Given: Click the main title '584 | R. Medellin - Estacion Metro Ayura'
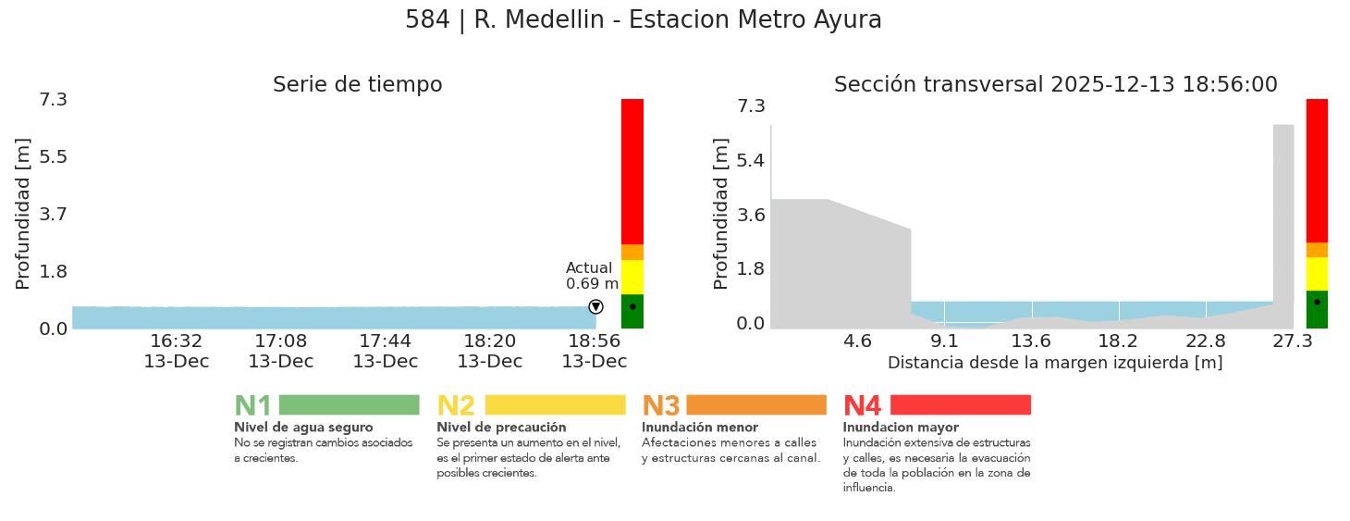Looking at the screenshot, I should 643,20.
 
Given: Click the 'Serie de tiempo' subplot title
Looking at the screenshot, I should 357,85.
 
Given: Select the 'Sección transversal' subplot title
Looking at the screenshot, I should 1055,85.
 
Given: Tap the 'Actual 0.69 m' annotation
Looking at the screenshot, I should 592,276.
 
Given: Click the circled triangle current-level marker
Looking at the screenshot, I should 595,306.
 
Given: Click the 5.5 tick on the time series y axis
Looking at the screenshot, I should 53,156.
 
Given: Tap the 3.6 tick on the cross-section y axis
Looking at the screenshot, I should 750,215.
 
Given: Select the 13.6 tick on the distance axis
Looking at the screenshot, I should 1031,341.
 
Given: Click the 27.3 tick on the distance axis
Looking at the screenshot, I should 1292,341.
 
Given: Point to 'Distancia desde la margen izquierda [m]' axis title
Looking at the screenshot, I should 1055,363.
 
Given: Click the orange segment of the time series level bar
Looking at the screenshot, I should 632,252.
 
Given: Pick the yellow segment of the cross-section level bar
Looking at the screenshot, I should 1317,273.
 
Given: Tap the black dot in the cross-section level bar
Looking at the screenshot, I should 1317,302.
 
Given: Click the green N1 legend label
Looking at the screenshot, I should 252,405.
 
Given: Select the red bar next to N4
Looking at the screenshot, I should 960,404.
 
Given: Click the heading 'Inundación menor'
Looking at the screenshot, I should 699,428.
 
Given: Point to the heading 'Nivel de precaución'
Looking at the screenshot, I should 501,428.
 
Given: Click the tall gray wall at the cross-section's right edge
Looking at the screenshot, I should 1282,213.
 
